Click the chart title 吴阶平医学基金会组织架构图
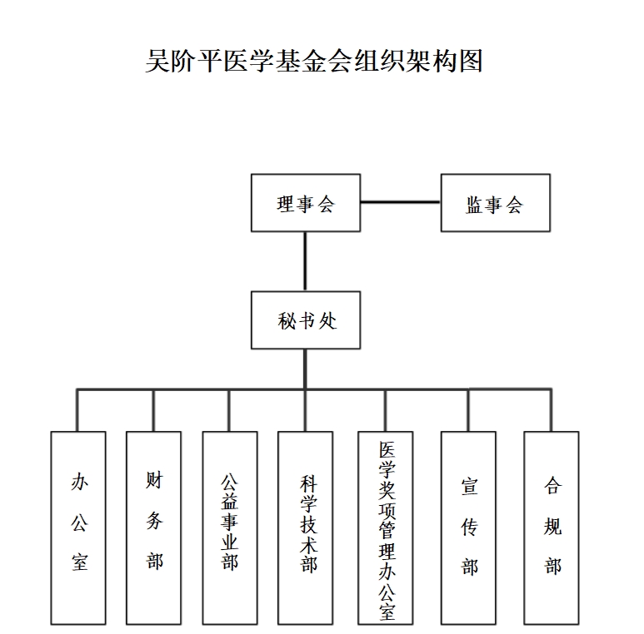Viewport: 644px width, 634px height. pos(314,61)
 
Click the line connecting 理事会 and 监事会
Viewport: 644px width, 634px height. pos(401,201)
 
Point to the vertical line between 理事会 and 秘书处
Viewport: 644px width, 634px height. pos(305,261)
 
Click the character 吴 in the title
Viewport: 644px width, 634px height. pos(158,61)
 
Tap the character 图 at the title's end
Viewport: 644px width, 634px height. pos(471,61)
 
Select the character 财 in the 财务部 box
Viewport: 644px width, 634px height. pos(154,480)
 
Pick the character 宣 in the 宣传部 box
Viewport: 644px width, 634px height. pos(469,487)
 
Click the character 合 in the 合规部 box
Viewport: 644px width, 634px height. pos(552,485)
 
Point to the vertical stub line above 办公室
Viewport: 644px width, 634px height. pos(77,410)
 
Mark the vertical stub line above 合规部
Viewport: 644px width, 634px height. pos(551,410)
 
